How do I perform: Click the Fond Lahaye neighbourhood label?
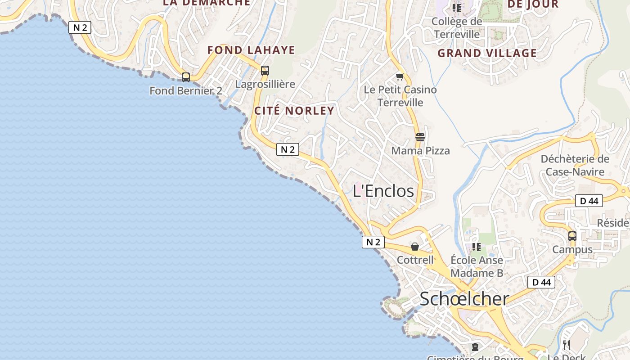click(x=251, y=50)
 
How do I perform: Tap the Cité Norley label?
click(x=294, y=111)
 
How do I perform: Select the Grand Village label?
click(x=487, y=53)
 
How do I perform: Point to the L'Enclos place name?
click(x=383, y=191)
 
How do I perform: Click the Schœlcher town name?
click(x=464, y=299)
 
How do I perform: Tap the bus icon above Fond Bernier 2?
click(x=186, y=77)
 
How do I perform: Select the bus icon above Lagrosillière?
click(x=265, y=71)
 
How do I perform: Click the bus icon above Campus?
click(x=572, y=236)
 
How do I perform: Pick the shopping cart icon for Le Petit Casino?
click(x=400, y=76)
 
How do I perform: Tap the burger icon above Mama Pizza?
click(x=420, y=137)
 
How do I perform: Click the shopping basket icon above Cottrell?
click(x=415, y=247)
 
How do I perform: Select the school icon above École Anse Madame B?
click(x=477, y=247)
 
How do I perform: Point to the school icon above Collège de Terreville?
click(x=457, y=8)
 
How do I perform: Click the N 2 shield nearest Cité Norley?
click(x=288, y=150)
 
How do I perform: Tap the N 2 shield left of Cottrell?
click(x=373, y=242)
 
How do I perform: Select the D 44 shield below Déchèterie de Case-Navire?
click(x=589, y=201)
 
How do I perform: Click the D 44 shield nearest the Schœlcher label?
click(x=541, y=282)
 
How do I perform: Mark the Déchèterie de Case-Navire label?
click(x=575, y=165)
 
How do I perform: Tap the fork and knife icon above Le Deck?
click(x=567, y=345)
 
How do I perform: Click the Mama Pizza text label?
click(x=420, y=151)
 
